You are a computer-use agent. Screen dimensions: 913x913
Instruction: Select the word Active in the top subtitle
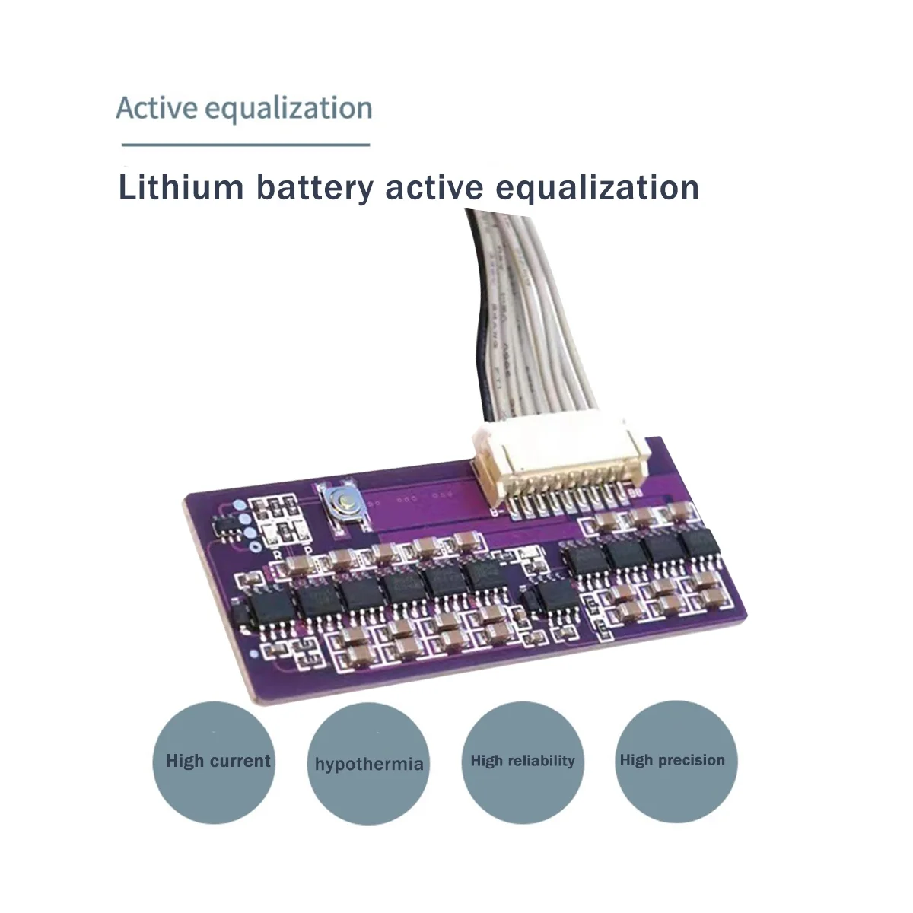(148, 108)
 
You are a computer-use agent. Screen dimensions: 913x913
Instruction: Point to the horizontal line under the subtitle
(245, 144)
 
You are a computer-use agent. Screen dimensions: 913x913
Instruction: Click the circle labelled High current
(215, 760)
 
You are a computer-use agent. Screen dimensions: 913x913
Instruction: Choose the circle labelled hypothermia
(368, 762)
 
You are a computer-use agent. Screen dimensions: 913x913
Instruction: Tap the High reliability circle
(522, 760)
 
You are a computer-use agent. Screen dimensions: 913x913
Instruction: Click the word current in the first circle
(240, 760)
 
